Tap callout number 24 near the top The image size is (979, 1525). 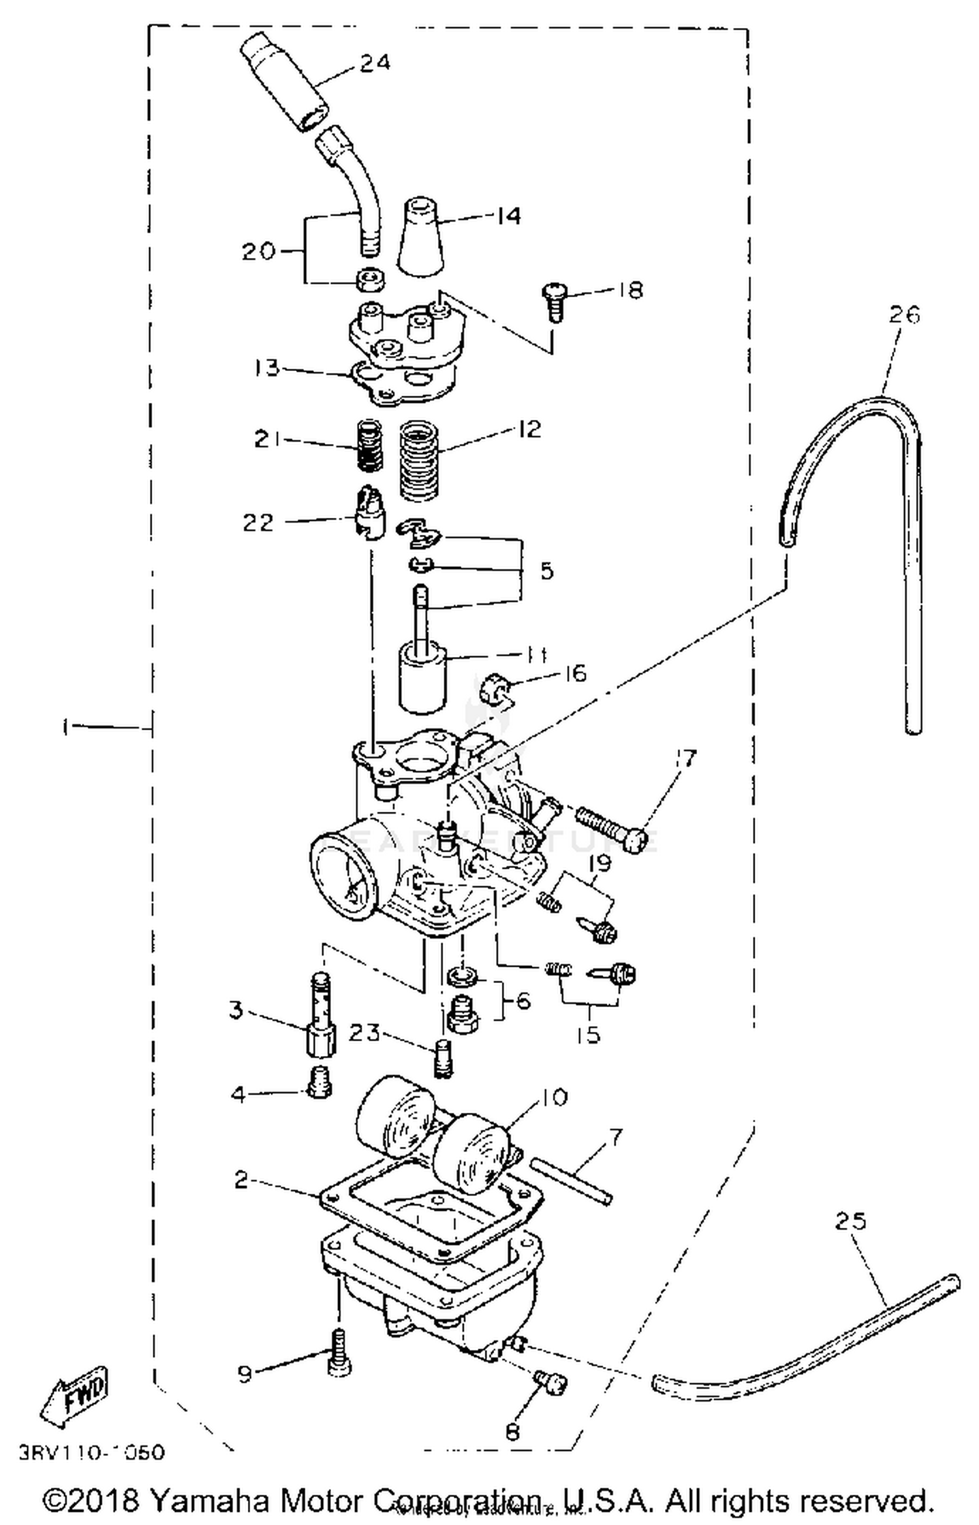point(374,63)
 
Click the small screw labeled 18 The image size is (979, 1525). point(554,302)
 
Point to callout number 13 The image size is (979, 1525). point(267,368)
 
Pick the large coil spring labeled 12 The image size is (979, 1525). point(418,461)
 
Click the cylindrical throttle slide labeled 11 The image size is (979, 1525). point(422,679)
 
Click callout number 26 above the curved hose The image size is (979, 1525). point(903,315)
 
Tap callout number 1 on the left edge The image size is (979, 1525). point(65,727)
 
